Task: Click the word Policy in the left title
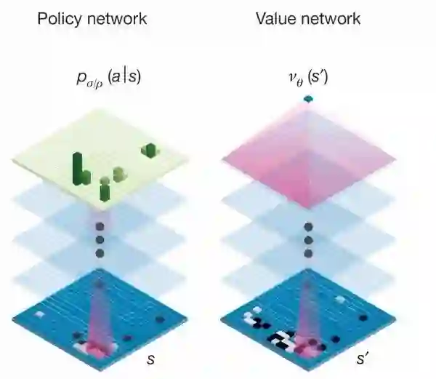tap(61, 19)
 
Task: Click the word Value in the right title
tap(275, 19)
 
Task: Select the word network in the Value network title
tap(329, 19)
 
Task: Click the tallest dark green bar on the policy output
tap(76, 166)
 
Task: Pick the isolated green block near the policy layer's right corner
tap(150, 150)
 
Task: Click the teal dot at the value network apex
tap(307, 98)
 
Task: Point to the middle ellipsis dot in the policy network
tap(100, 240)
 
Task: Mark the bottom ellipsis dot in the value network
tap(307, 254)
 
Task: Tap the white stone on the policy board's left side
tap(41, 313)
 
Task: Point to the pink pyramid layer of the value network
tap(307, 149)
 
